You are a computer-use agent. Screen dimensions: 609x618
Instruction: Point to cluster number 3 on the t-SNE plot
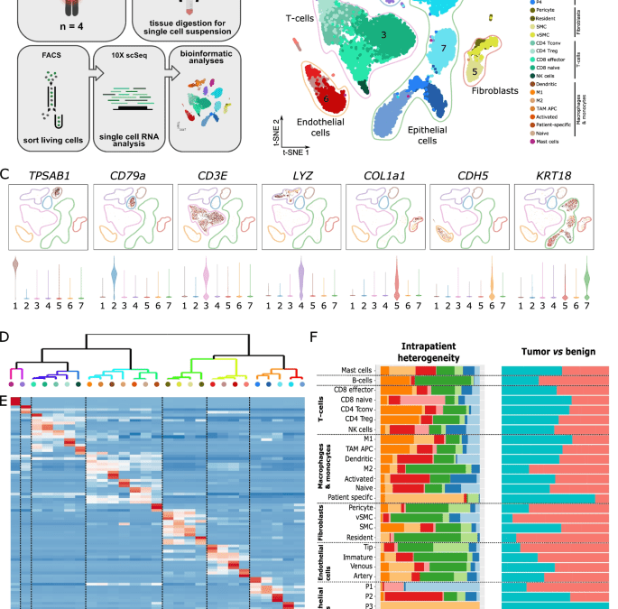(383, 34)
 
